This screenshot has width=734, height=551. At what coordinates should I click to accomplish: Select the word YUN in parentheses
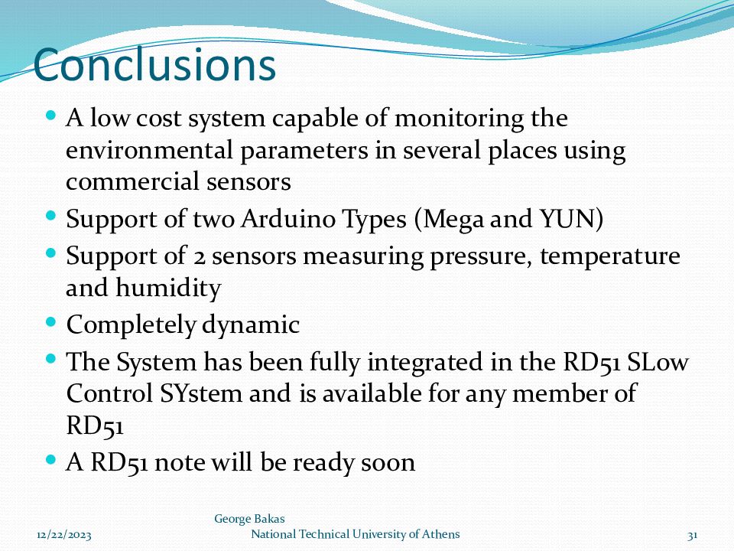click(x=571, y=219)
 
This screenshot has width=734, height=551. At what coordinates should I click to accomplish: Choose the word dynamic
click(x=251, y=324)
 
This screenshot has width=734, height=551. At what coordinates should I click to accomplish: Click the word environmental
click(x=149, y=151)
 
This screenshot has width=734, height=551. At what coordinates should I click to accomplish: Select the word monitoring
click(x=460, y=119)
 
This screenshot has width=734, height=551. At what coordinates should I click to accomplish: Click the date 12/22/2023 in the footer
click(x=64, y=535)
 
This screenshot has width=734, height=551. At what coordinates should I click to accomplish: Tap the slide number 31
click(x=693, y=535)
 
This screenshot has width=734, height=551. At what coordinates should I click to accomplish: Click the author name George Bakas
click(x=249, y=519)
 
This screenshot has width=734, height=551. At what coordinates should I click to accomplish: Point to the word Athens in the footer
click(x=441, y=534)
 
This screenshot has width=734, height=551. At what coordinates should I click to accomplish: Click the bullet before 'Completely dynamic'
click(x=51, y=322)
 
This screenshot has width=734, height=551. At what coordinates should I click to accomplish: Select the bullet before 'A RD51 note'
click(x=51, y=460)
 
